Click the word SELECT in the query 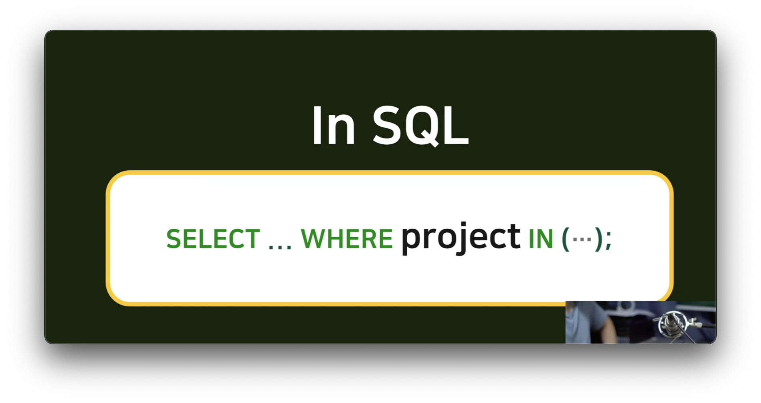pyautogui.click(x=213, y=239)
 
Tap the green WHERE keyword pyautogui.click(x=347, y=239)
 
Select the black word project pyautogui.click(x=461, y=238)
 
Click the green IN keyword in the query pyautogui.click(x=541, y=239)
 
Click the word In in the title pyautogui.click(x=333, y=126)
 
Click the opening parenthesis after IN pyautogui.click(x=566, y=239)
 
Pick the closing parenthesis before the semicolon pyautogui.click(x=598, y=239)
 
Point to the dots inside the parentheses pyautogui.click(x=582, y=239)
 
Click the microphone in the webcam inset pyautogui.click(x=671, y=323)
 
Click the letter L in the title pyautogui.click(x=456, y=126)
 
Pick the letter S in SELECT pyautogui.click(x=174, y=239)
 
